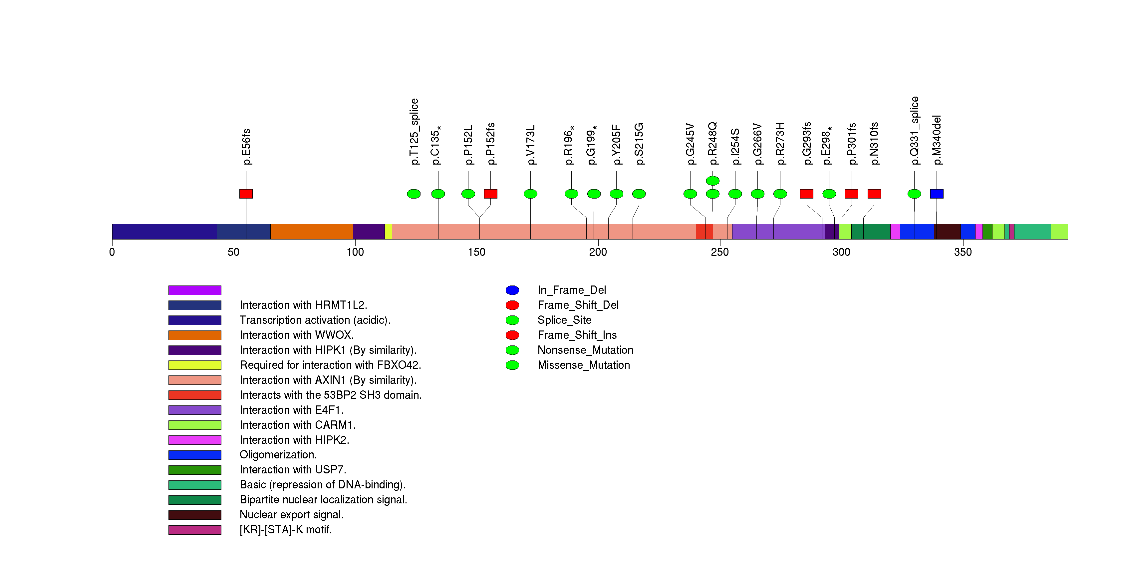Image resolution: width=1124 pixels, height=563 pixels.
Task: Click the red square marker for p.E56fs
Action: (246, 194)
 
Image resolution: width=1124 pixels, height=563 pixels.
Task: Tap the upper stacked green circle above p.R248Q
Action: (712, 181)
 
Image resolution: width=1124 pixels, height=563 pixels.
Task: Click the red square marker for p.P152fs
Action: (490, 194)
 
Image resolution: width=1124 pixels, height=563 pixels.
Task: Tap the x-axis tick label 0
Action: (112, 252)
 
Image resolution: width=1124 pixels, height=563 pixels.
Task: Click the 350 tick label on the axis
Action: (963, 252)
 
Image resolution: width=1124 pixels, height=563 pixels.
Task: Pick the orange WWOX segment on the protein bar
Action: (312, 232)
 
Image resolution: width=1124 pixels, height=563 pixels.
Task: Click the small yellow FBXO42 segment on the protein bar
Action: (388, 232)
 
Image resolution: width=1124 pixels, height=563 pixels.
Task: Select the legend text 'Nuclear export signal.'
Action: (291, 515)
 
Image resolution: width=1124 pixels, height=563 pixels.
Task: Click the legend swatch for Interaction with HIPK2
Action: (195, 440)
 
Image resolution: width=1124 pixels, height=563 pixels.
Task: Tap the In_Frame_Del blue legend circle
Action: (512, 290)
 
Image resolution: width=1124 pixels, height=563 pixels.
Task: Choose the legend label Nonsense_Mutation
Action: (585, 350)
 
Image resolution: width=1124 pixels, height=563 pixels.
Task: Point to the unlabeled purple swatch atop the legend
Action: (195, 290)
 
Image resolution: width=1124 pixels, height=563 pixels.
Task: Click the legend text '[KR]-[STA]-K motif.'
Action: (285, 529)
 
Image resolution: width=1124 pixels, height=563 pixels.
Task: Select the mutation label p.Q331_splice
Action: (914, 131)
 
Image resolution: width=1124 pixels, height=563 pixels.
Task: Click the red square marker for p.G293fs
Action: (806, 194)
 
